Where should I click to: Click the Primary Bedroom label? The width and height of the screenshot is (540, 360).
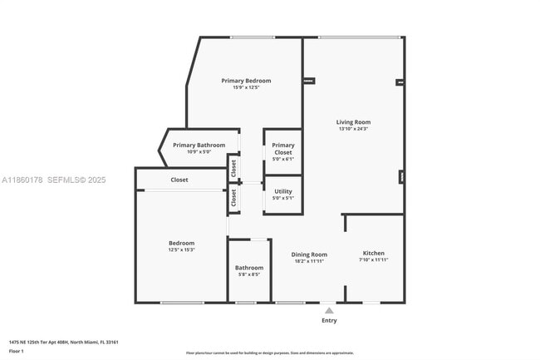[246, 81]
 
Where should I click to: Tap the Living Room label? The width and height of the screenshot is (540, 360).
[353, 122]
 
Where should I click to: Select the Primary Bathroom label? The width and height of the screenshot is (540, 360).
[199, 145]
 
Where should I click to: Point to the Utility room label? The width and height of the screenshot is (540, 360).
[283, 191]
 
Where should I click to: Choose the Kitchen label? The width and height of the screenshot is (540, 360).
[373, 253]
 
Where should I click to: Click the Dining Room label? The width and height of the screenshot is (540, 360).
[309, 254]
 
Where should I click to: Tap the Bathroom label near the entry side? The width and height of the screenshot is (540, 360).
[249, 268]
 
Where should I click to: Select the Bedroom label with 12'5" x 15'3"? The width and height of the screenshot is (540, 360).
[181, 243]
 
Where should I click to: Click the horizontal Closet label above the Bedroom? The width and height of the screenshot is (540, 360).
[179, 180]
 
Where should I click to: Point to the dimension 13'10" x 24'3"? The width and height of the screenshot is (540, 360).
[353, 129]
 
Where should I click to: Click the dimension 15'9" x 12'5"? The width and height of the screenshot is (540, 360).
[246, 87]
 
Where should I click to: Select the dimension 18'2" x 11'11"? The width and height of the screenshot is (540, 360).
[309, 261]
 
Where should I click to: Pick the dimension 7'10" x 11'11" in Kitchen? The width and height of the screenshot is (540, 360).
[373, 259]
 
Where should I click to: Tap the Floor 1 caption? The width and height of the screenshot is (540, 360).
[17, 351]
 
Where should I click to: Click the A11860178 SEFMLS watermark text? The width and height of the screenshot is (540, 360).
[54, 180]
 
